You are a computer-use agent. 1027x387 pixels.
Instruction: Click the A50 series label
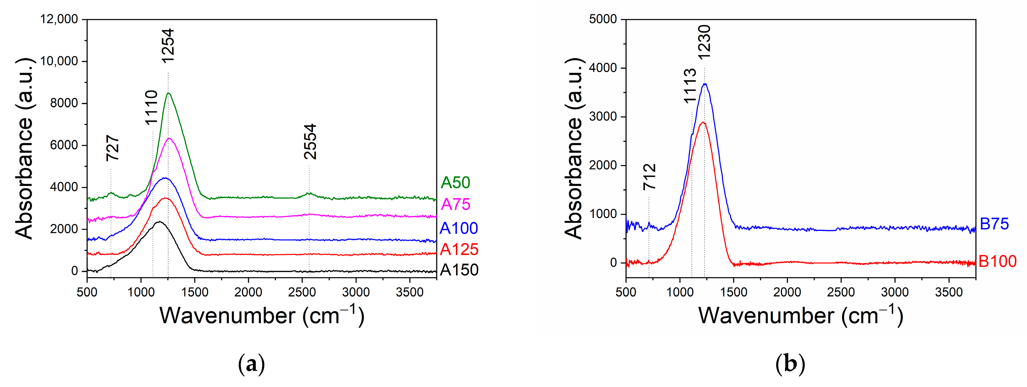coord(455,182)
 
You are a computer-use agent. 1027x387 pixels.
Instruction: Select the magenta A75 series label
coord(456,205)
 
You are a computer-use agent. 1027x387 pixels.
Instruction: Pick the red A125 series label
coord(459,249)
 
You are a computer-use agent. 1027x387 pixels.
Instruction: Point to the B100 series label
coord(998,262)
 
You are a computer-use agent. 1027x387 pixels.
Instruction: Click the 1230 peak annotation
coord(704,42)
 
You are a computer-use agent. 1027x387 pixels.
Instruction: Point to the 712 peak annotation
coord(649,177)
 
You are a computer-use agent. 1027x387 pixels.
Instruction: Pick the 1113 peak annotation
coord(690,86)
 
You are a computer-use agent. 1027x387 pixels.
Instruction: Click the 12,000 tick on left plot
coord(59,19)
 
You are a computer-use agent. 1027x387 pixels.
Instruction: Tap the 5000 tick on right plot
coord(602,19)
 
